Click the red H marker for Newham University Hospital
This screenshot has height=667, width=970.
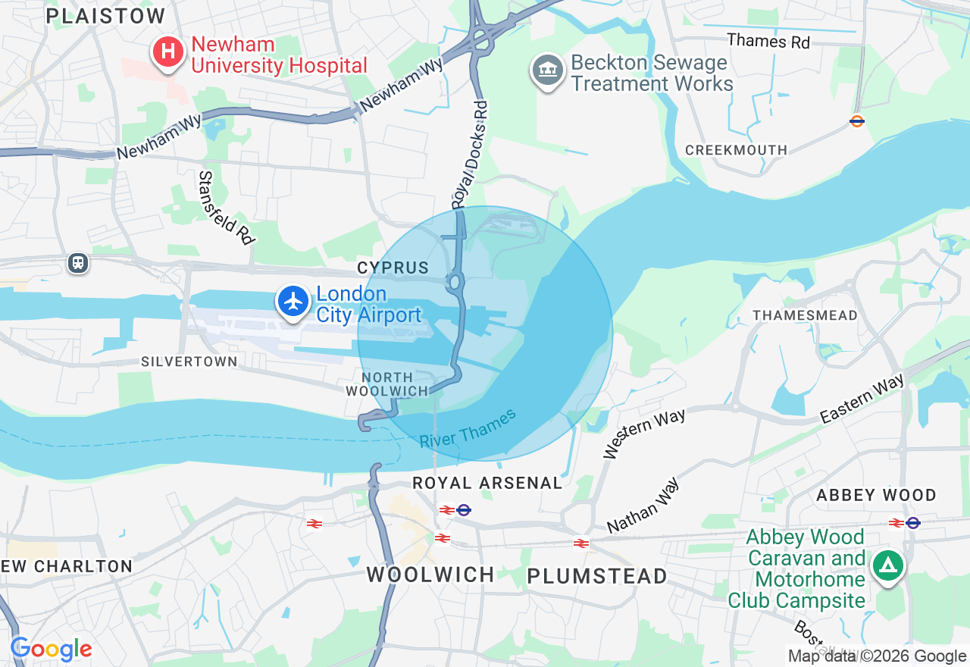coord(167,52)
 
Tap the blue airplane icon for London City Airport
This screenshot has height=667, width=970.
coord(293,301)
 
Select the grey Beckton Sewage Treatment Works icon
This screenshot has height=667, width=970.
coord(547,71)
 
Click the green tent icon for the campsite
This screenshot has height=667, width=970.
coord(887,565)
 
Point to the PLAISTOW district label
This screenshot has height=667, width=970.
coord(105,16)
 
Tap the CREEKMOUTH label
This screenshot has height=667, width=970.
coord(736,150)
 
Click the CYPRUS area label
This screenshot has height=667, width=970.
coord(393,268)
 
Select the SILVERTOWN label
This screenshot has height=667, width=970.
coord(189,362)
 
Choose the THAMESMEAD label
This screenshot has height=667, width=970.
coord(805,315)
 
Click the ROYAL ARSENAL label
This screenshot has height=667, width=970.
coord(487,483)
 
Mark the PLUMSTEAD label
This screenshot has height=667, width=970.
coord(597,576)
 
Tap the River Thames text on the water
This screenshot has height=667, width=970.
coord(468,428)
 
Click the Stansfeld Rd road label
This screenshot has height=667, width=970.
coord(225,207)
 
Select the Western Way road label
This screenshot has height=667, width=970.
coord(644,433)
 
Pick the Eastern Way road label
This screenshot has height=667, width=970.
coord(862,399)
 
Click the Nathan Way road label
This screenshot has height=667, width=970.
coord(643,506)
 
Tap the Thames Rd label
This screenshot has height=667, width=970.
coord(768,41)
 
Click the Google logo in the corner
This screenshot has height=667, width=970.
coord(51,649)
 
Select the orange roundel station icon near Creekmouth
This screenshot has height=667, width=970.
coord(857,121)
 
